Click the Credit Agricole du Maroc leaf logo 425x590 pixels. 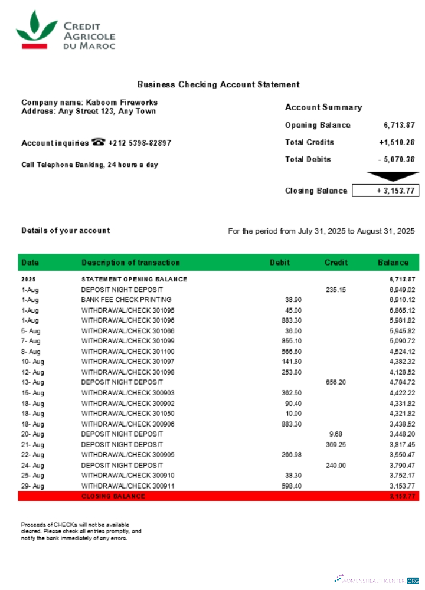(36, 29)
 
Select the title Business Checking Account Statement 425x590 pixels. (218, 85)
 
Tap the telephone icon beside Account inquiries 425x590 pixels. (98, 142)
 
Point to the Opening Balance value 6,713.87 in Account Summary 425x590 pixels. (399, 125)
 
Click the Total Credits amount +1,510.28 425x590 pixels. (397, 142)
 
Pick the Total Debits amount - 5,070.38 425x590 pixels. (397, 159)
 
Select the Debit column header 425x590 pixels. (280, 263)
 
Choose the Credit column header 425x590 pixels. (336, 263)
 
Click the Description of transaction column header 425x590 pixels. (130, 263)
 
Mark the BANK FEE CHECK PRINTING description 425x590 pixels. (126, 300)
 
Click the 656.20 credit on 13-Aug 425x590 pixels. (335, 382)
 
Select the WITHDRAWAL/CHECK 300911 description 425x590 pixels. (127, 486)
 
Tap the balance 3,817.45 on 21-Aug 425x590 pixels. (402, 444)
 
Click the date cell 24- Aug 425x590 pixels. (32, 465)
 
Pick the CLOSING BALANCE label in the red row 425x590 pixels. (113, 496)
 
